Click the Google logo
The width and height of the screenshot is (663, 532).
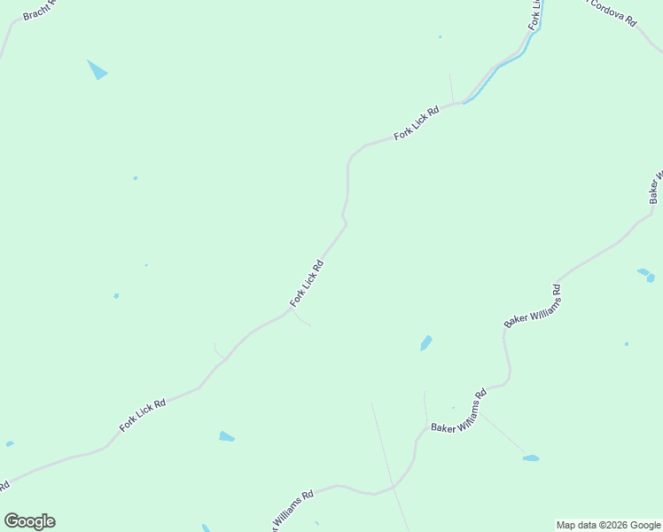coord(29,521)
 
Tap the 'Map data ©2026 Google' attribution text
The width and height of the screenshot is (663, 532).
coord(607,525)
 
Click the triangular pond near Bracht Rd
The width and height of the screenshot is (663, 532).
coord(97,70)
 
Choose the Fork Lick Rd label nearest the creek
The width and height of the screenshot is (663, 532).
coord(417,124)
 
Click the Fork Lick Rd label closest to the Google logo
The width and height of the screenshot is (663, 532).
coord(143,416)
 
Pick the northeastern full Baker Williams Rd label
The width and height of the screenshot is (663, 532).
coord(534,306)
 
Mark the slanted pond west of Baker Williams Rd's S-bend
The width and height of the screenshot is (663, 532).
coord(426,342)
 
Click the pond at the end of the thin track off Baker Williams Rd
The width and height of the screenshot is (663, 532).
coord(530,458)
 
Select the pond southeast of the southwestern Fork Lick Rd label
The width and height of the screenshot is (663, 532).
coord(227,436)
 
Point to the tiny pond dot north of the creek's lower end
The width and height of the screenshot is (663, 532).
coord(440,37)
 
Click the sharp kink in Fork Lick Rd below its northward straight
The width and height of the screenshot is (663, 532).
coord(344,219)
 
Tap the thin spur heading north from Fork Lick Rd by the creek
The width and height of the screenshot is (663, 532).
coord(451,89)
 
